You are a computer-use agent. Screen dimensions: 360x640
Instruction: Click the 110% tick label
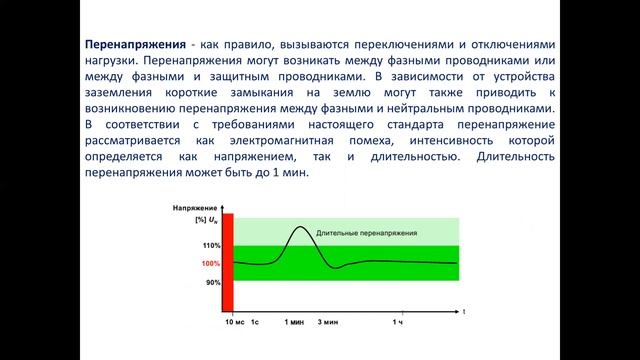point(210,245)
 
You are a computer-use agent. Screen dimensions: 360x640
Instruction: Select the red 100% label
point(210,264)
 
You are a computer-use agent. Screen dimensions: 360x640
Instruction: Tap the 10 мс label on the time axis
point(232,322)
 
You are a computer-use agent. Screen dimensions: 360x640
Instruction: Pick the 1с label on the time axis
point(255,322)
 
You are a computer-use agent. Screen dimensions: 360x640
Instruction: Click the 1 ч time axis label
point(398,322)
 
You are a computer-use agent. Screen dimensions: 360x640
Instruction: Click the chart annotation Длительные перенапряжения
point(367,232)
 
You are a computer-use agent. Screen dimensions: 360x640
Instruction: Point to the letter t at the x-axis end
point(463,312)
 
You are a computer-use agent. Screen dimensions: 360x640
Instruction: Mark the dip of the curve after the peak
point(337,268)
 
